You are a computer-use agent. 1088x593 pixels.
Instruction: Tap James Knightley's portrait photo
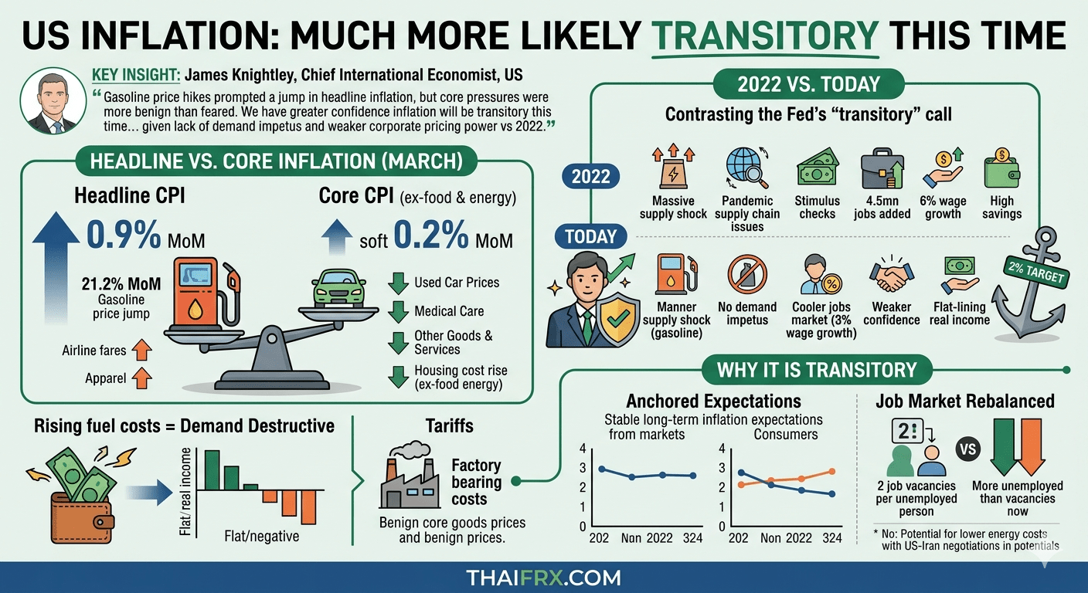click(54, 100)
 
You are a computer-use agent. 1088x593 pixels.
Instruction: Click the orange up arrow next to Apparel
click(141, 379)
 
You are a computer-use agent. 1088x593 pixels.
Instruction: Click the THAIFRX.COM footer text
click(543, 578)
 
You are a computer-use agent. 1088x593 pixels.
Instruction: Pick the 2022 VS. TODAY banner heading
click(809, 83)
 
